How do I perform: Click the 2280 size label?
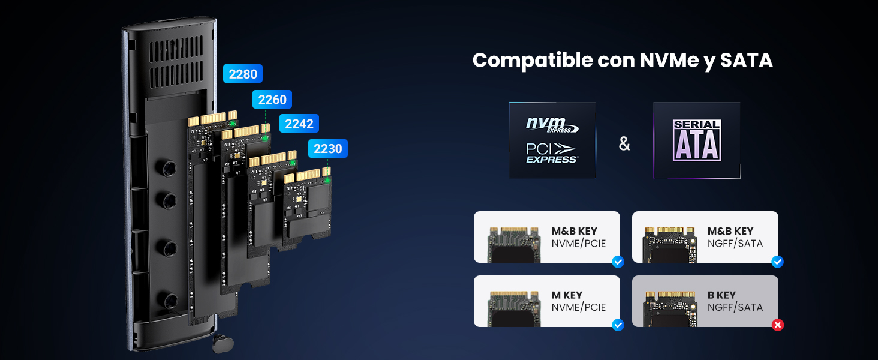point(243,74)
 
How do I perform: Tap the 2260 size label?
point(272,99)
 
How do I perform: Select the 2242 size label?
point(299,124)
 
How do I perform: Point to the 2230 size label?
point(327,149)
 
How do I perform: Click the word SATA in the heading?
point(746,61)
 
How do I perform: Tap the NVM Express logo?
point(552,125)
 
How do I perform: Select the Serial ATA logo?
point(697,140)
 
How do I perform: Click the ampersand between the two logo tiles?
point(624,143)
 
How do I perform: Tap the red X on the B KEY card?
point(778,325)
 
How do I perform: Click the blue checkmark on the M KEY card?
point(618,325)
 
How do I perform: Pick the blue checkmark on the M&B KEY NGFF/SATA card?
point(778,262)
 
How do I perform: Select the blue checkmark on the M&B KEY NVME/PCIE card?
point(618,262)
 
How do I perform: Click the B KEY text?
point(721,295)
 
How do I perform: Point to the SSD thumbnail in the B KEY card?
point(670,309)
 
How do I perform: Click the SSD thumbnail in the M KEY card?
point(514,309)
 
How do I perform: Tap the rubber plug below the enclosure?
point(222,343)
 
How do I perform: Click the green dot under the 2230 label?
point(327,181)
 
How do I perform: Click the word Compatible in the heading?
point(533,61)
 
